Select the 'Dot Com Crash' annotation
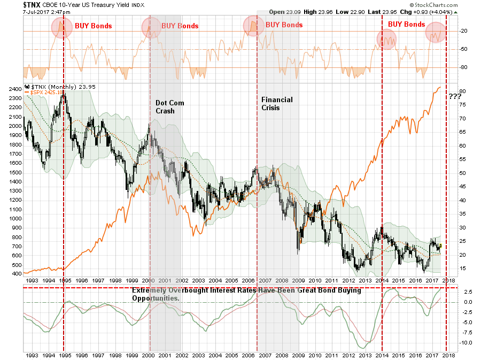coord(169,107)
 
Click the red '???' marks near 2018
coord(455,96)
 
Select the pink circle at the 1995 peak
coord(62,27)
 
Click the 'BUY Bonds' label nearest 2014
coord(406,24)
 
